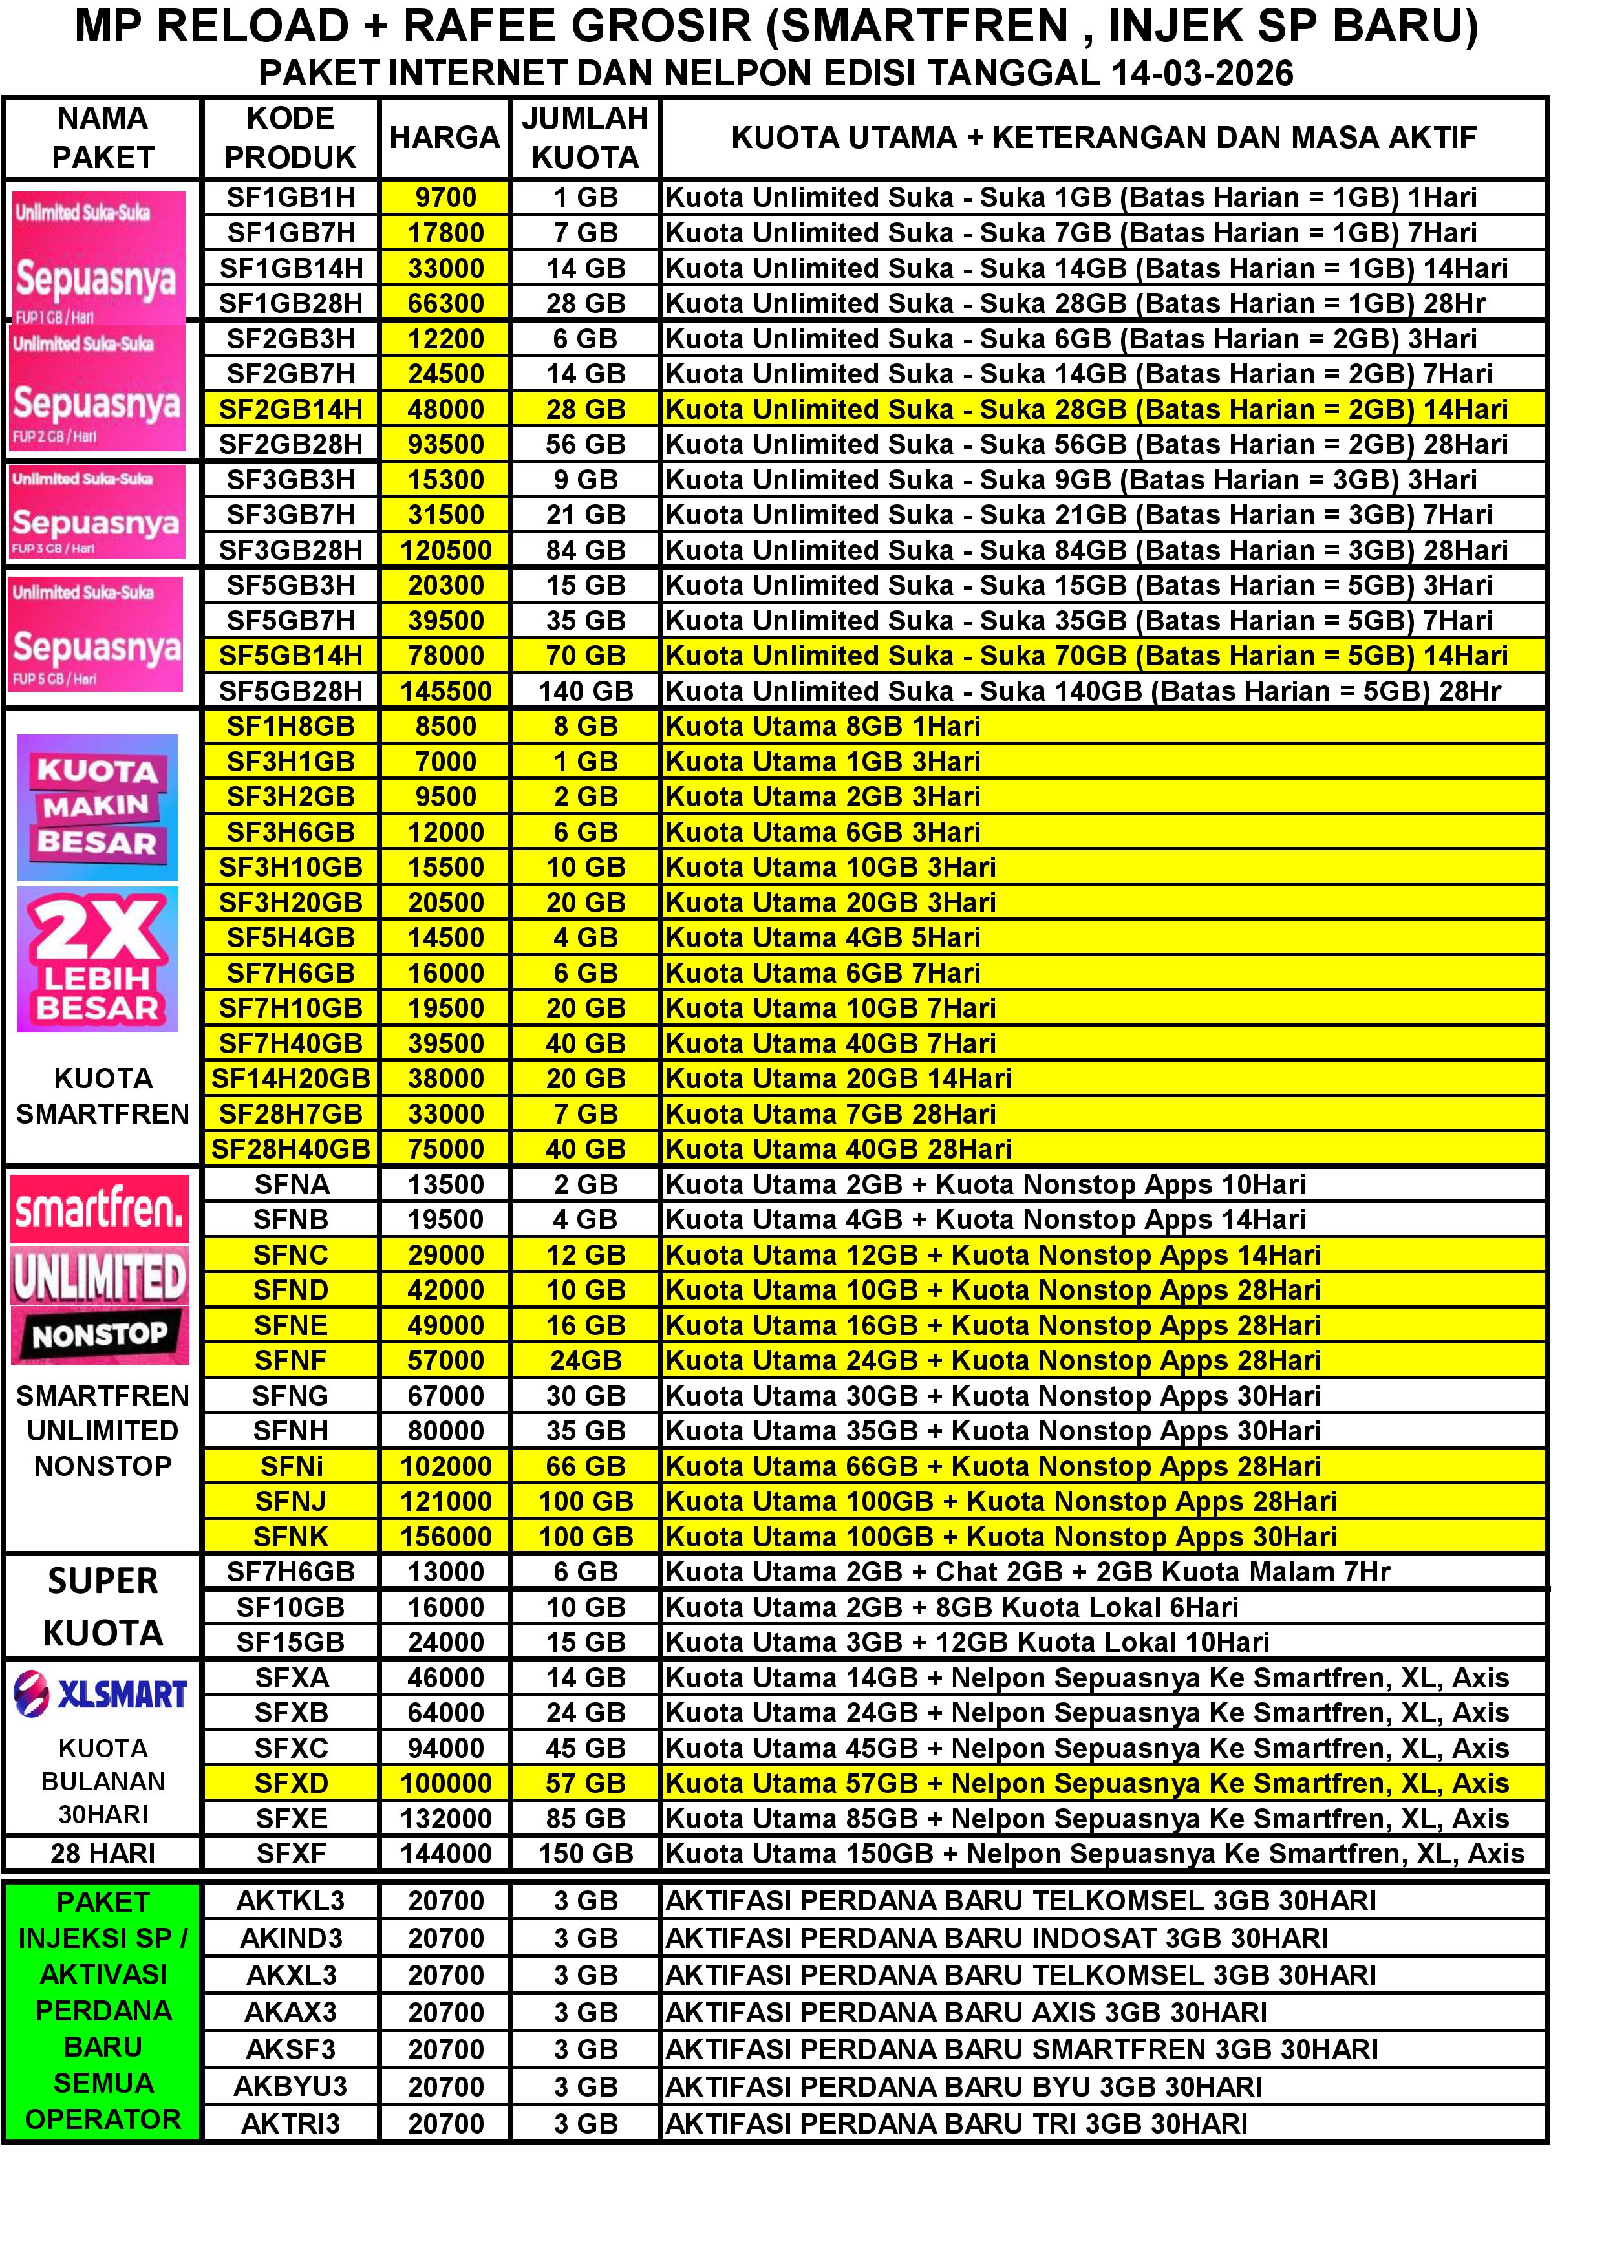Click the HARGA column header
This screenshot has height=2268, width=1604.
pos(444,137)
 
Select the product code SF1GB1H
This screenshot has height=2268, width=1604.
pos(290,198)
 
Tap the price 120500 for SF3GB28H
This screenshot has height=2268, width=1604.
pos(445,550)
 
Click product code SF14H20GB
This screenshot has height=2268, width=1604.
pos(290,1078)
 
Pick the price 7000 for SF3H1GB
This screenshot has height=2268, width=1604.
pos(445,762)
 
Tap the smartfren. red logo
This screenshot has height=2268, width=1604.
pos(100,1208)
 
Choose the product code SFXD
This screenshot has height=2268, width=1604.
pos(290,1783)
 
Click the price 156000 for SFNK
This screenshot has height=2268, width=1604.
pos(445,1537)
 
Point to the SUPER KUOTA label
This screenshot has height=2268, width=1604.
pos(103,1607)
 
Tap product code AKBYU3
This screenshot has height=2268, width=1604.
pos(290,2086)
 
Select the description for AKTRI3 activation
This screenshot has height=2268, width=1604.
pos(956,2124)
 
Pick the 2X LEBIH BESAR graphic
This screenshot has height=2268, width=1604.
pos(98,959)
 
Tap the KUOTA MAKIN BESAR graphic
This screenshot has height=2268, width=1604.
pos(98,807)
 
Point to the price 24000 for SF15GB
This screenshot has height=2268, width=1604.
pos(445,1643)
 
